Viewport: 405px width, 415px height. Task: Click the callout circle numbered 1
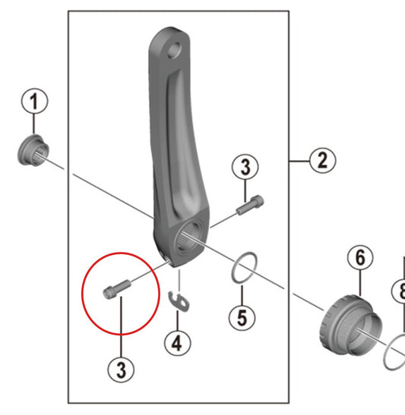[x=34, y=101]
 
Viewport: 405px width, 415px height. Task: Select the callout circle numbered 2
[x=322, y=160]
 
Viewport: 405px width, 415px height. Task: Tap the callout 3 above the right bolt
[x=245, y=167]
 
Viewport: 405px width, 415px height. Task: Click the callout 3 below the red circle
[x=121, y=369]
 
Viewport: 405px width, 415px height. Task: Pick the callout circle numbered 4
[x=177, y=343]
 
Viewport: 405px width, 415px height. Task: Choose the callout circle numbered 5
[x=242, y=317]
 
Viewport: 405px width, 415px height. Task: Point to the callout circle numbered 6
[x=360, y=257]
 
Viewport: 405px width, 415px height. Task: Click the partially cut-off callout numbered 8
[x=399, y=291]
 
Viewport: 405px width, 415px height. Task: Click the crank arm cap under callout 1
[x=33, y=150]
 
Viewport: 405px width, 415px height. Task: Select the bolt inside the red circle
[x=116, y=289]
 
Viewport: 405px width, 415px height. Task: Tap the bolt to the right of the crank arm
[x=250, y=205]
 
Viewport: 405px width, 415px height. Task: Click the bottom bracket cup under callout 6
[x=350, y=325]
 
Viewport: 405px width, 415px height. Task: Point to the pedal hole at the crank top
[x=174, y=50]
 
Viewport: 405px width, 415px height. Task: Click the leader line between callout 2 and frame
[x=299, y=161]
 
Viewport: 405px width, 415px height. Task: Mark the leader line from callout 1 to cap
[x=33, y=124]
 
